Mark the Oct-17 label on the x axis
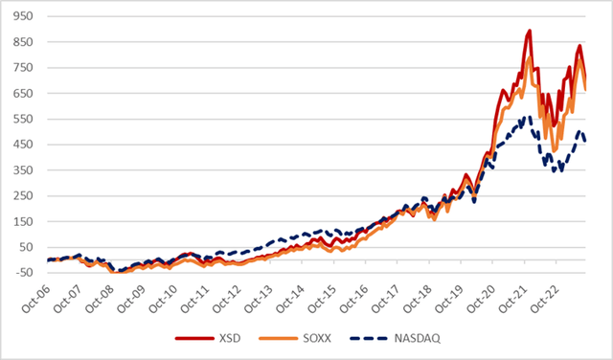click(397, 297)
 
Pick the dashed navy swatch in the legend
click(369, 338)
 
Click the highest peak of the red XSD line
click(529, 32)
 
